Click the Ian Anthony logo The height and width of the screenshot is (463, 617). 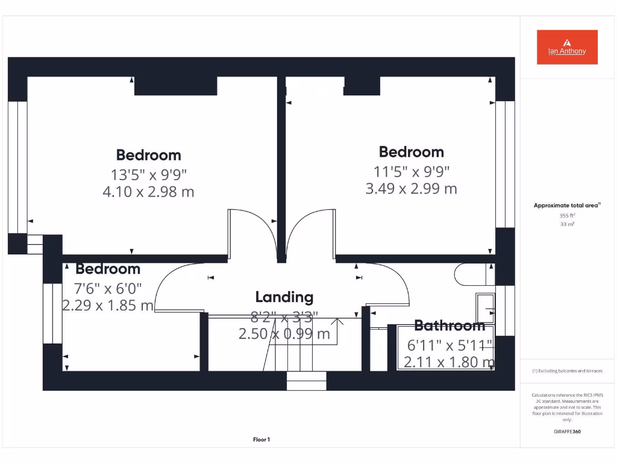tap(567, 47)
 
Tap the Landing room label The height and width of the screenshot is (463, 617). tap(284, 297)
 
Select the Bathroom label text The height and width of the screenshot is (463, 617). tap(449, 326)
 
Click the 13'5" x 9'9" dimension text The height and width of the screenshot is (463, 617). tap(149, 175)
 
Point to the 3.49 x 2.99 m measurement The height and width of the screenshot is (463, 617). tap(411, 189)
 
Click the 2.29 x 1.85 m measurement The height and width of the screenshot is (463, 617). tap(108, 306)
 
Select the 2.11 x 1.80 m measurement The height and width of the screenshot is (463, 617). tap(449, 362)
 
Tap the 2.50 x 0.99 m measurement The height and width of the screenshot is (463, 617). tap(284, 333)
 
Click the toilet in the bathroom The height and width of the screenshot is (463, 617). tap(474, 274)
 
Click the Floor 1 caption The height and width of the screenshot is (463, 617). tap(261, 439)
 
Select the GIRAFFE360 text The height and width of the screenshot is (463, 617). tap(567, 432)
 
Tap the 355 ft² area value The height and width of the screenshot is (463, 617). tap(567, 215)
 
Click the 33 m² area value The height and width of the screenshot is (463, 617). tap(567, 224)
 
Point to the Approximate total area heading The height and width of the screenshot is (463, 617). tap(567, 206)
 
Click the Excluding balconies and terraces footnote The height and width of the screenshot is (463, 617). tap(567, 371)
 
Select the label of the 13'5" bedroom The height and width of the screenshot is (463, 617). tap(149, 155)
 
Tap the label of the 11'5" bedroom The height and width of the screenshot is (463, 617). tap(411, 152)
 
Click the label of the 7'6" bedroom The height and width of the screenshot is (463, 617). tap(108, 269)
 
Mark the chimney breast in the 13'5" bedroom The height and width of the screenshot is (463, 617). tap(175, 86)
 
